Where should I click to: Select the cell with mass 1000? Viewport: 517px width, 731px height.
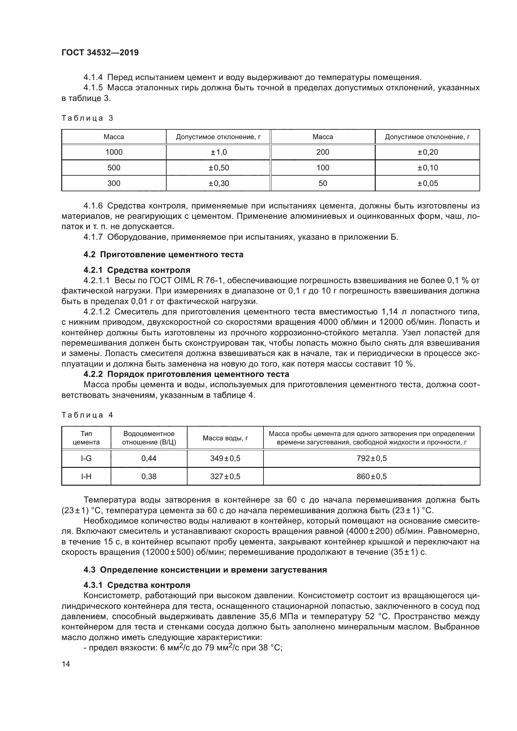coord(114,152)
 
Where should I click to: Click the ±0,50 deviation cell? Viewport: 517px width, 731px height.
coord(218,168)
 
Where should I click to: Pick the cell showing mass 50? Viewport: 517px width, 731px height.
coord(323,183)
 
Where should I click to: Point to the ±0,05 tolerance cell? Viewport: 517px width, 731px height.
coord(428,183)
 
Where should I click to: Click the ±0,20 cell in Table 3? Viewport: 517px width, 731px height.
coord(428,152)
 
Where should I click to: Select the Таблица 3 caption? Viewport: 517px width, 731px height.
coord(87,118)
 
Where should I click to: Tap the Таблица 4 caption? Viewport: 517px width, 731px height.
coord(87,415)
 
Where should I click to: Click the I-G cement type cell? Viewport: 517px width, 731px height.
coord(86,458)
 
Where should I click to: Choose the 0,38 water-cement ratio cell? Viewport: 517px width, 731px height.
coord(149,477)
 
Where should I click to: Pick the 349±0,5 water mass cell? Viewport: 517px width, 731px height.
coord(225,458)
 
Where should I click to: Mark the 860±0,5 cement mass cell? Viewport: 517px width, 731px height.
coord(371,477)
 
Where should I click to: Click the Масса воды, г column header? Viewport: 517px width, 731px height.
coord(225,438)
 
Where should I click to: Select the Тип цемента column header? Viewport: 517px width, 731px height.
coord(86,438)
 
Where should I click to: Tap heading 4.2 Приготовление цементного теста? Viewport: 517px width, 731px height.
coord(163,254)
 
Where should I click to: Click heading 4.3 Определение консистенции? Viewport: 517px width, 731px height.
coord(205,570)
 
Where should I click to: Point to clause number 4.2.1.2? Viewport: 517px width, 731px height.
coord(97,312)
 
